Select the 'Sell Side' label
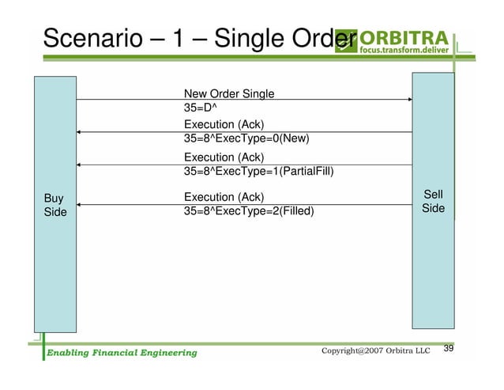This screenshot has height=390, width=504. coord(433,202)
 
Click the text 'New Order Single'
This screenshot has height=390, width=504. coord(229,94)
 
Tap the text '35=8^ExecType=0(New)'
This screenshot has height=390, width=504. coord(246,138)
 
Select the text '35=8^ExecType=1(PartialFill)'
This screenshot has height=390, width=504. coord(256,171)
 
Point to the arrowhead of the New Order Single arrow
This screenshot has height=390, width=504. coord(409,100)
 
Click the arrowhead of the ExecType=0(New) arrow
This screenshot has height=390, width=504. coord(80,132)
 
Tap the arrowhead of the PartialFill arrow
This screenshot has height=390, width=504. coord(80,165)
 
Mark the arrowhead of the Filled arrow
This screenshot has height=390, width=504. coord(80,205)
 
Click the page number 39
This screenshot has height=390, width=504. coord(450,349)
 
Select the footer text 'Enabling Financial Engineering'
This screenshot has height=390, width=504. coord(120,352)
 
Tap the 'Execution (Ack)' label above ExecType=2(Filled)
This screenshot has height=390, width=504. coord(224,197)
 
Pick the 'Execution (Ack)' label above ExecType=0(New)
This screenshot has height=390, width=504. coord(224,125)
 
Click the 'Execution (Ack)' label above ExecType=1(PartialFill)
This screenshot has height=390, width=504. coord(224,157)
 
